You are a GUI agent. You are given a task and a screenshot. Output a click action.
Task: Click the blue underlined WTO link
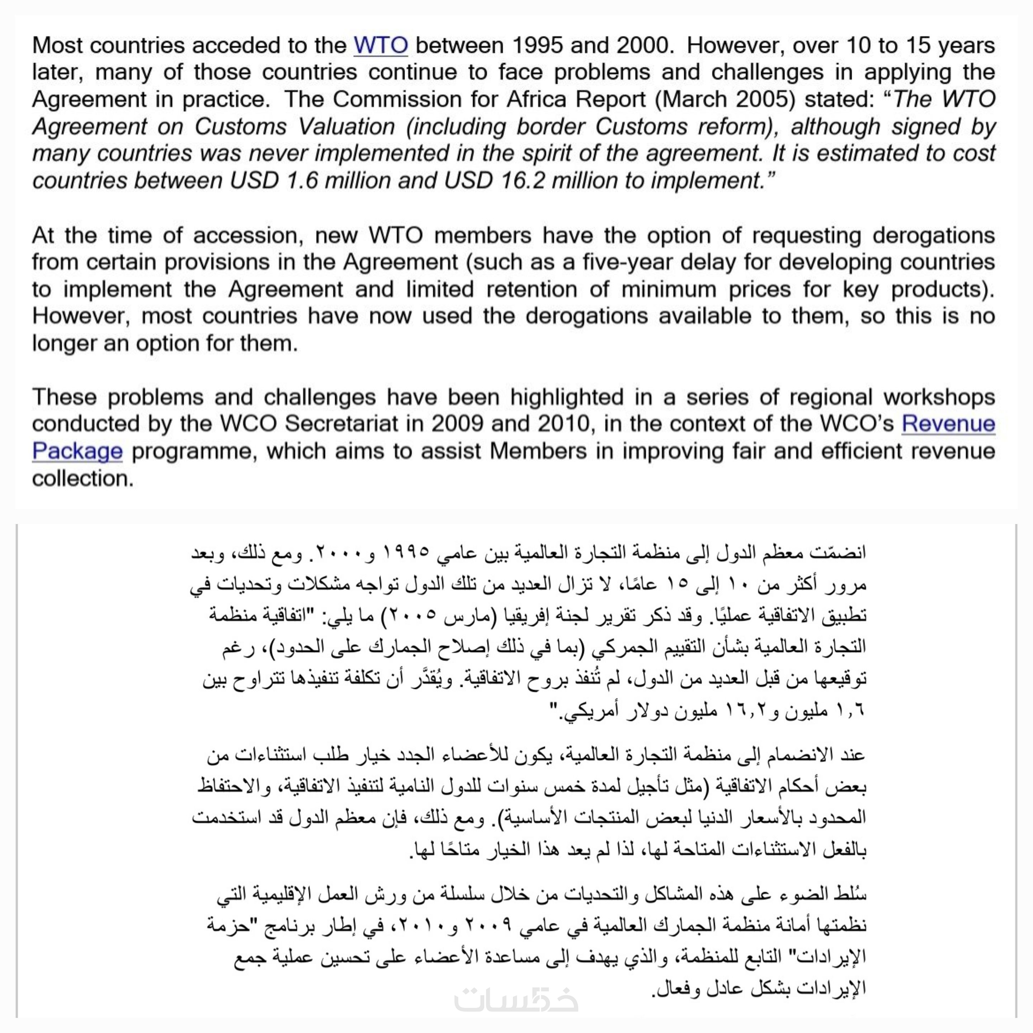(x=380, y=46)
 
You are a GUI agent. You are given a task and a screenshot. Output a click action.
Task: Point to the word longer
(x=63, y=343)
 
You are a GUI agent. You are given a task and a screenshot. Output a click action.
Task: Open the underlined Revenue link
(x=948, y=424)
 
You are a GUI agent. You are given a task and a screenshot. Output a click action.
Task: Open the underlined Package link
(x=77, y=451)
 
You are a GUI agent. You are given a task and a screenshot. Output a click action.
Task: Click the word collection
(x=82, y=478)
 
